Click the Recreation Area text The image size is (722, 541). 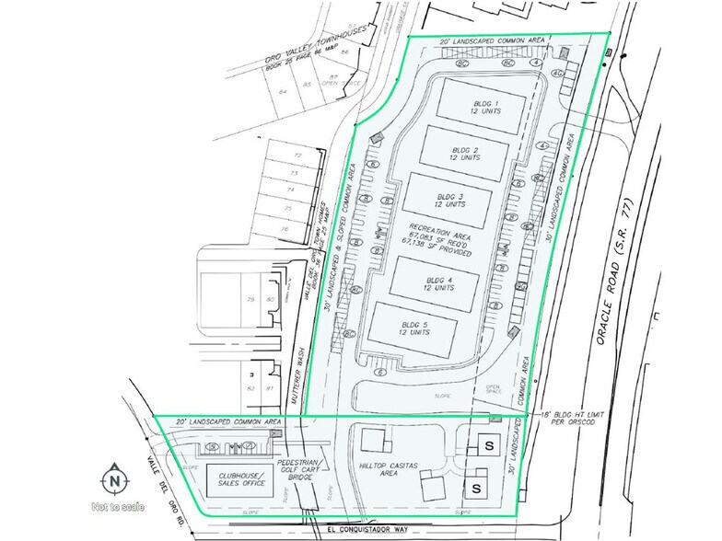click(x=450, y=243)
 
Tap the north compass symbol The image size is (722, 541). click(x=113, y=479)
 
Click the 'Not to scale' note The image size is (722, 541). click(x=112, y=505)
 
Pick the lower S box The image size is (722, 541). click(x=480, y=485)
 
